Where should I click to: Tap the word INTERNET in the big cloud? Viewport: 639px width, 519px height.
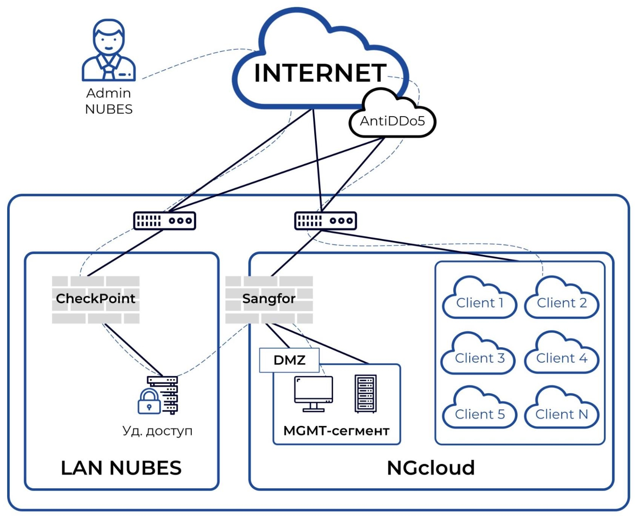point(320,73)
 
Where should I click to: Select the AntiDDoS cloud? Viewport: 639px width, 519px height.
point(392,120)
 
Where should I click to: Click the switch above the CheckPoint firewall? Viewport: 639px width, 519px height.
point(164,221)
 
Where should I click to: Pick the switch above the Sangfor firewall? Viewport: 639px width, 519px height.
point(326,221)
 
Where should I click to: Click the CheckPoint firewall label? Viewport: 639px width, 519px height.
point(96,299)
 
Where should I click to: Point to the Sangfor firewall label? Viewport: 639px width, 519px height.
point(269,299)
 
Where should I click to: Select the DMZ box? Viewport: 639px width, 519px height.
point(289,360)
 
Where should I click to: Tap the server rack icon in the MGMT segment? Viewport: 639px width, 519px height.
point(366,393)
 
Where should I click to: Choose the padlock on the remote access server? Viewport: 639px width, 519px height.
point(149,402)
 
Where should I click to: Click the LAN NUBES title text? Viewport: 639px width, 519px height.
point(121,468)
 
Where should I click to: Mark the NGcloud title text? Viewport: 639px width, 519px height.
point(431,468)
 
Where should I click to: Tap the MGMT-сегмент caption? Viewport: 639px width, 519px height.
point(336,431)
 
